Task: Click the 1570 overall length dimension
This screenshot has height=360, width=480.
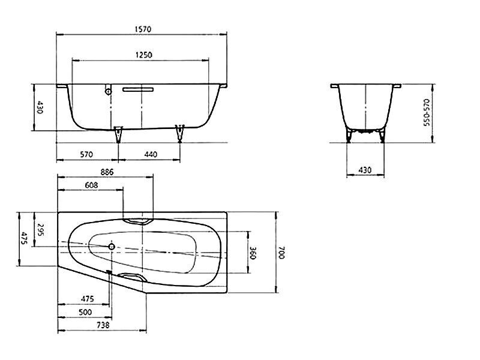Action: [x=143, y=29]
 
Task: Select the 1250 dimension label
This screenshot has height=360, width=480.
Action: [x=143, y=55]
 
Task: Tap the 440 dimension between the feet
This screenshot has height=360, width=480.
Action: [x=151, y=155]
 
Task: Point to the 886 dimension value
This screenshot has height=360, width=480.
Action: [x=107, y=172]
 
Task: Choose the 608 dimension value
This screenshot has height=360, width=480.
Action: [x=92, y=185]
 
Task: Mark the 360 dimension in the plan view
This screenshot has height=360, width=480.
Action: [x=253, y=253]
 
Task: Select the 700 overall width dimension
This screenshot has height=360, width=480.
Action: [x=281, y=253]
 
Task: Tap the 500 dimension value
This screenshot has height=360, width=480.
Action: [x=85, y=312]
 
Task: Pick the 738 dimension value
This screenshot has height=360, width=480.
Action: [x=103, y=325]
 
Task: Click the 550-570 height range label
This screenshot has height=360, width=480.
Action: [x=427, y=112]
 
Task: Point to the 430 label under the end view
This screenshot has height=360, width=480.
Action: [x=365, y=170]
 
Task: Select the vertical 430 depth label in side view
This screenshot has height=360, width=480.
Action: [x=40, y=107]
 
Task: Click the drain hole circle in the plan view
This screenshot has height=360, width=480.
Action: [x=112, y=247]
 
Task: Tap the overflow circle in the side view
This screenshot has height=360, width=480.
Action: [x=109, y=91]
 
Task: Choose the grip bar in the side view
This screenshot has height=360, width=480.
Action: [x=138, y=89]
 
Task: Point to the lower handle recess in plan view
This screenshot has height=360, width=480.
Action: [x=133, y=277]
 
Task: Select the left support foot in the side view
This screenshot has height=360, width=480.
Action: [x=118, y=134]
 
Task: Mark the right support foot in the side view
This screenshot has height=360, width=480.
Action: [x=179, y=134]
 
